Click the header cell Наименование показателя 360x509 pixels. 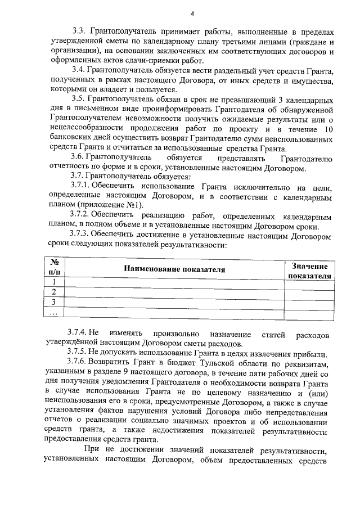tap(174, 269)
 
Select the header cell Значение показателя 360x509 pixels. tap(309, 270)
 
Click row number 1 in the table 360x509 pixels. tap(55, 282)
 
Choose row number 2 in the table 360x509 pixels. tap(55, 292)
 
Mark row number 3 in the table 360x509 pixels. tap(55, 302)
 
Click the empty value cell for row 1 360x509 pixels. tap(309, 282)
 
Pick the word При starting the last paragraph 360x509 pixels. tap(91, 451)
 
